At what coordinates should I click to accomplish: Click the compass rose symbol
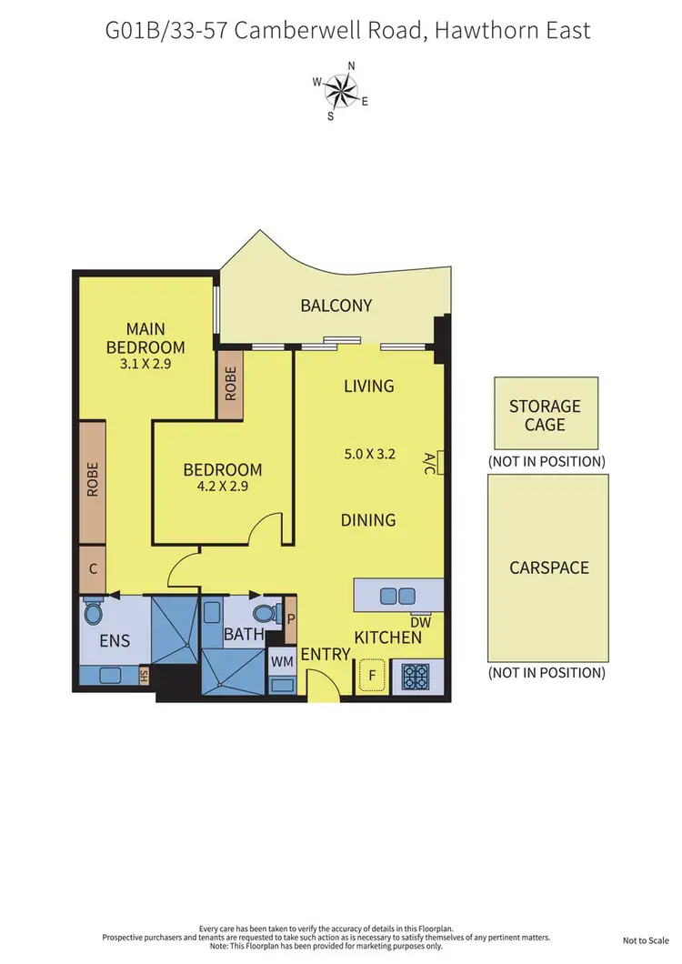point(341,87)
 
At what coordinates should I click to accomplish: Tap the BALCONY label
point(336,306)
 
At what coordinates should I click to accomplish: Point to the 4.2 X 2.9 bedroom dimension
point(223,487)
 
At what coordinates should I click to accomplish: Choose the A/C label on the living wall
point(431,463)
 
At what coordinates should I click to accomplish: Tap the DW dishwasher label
point(421,623)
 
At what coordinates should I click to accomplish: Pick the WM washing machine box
point(280,662)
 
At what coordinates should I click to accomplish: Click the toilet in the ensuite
point(93,612)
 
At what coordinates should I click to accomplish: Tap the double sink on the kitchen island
point(397,597)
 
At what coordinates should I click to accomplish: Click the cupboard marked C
point(93,567)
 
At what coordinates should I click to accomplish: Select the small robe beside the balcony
point(231,385)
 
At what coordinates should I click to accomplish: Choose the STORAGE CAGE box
point(546,414)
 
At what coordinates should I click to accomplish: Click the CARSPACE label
point(549,567)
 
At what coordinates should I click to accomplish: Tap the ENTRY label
point(326,654)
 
